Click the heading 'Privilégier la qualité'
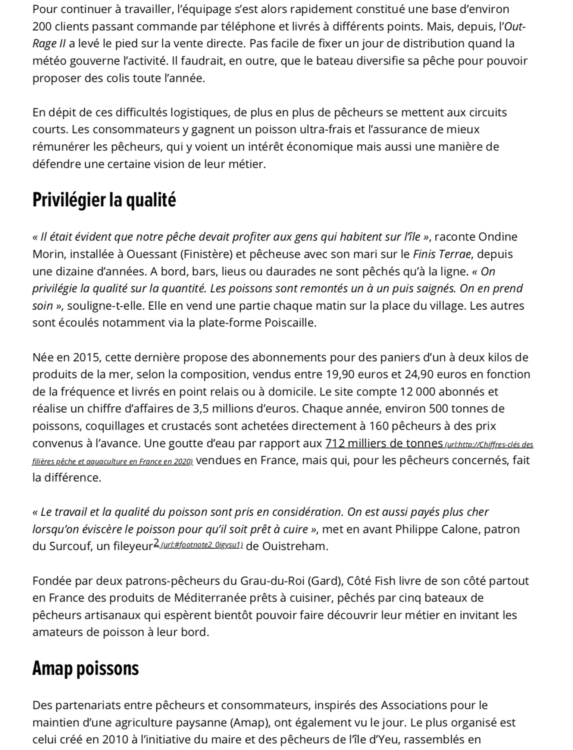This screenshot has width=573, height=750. (104, 200)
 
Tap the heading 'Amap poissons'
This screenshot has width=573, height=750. (85, 668)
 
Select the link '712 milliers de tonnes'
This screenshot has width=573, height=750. (384, 443)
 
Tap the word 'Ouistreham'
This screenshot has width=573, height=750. (295, 546)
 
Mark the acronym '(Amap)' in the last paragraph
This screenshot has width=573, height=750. (250, 723)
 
